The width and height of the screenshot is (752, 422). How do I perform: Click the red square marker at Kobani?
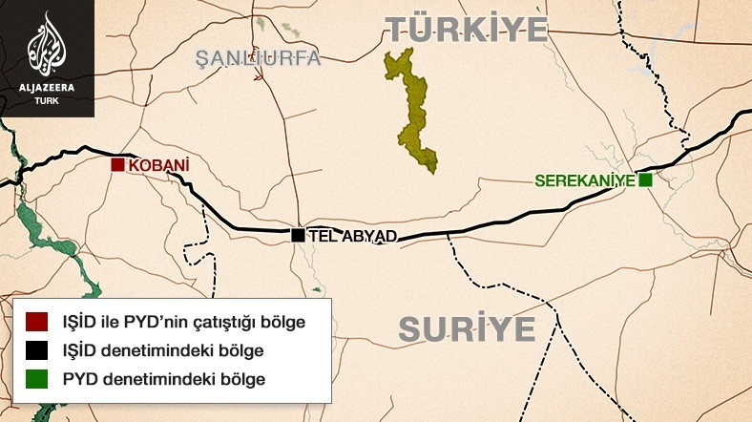click(x=118, y=164)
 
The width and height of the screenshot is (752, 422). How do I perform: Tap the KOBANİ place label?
click(x=158, y=165)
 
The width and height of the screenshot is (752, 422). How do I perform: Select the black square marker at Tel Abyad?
click(x=298, y=235)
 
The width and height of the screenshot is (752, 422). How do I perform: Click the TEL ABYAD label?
click(x=349, y=236)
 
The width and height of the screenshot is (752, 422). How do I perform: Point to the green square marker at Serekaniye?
click(x=646, y=179)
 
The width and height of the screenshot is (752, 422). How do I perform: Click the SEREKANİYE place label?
click(x=585, y=179)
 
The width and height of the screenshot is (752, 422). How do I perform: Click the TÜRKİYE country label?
click(x=468, y=29)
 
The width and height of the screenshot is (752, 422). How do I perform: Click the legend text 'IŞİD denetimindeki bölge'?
click(x=162, y=350)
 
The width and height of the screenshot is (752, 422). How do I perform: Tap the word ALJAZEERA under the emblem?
click(x=47, y=88)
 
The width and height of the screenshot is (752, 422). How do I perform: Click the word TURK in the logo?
click(x=47, y=100)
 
